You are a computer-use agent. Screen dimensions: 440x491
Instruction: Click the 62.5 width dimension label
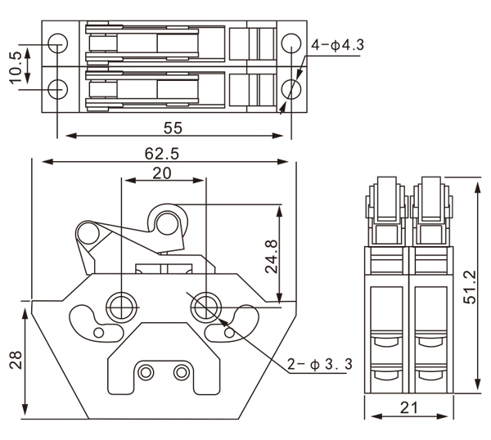point(162,152)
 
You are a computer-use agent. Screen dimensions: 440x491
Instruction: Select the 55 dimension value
point(173,128)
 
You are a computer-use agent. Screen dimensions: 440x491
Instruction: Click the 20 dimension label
point(162,173)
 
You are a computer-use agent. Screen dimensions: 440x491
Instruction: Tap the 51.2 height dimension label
point(468,286)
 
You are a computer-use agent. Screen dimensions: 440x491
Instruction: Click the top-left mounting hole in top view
point(57,43)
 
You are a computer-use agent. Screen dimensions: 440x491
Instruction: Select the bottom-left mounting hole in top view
point(57,88)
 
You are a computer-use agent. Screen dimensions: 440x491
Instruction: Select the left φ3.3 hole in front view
point(122,308)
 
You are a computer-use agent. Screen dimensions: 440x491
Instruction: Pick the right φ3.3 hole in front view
point(205,308)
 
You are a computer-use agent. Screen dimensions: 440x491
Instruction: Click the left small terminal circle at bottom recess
point(146,373)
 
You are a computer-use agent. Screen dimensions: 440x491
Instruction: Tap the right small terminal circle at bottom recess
point(180,373)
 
